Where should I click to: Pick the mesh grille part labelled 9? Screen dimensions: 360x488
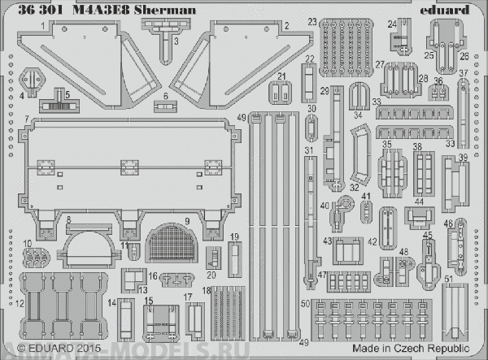click(x=174, y=241)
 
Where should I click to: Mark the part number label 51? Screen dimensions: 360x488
click(x=448, y=280)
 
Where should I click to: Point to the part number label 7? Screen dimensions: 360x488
click(x=28, y=119)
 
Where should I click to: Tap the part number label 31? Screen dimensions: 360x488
click(x=308, y=152)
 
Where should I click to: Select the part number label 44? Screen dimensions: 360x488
click(x=419, y=200)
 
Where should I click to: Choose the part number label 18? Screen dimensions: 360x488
click(x=207, y=290)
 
